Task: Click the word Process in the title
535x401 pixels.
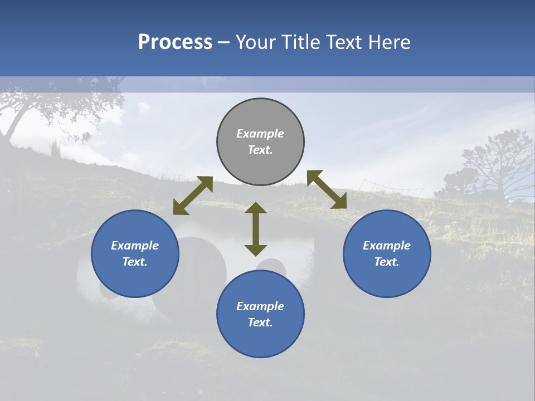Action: click(175, 42)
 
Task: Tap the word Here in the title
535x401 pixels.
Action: click(388, 42)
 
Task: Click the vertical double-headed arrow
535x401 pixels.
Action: click(256, 229)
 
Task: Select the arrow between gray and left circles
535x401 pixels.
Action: click(193, 195)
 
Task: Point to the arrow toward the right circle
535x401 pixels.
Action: click(327, 189)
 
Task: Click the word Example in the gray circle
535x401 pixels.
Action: click(260, 134)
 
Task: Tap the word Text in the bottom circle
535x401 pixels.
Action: click(260, 322)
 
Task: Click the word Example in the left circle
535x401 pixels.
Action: click(135, 246)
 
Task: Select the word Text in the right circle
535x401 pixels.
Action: click(386, 262)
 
